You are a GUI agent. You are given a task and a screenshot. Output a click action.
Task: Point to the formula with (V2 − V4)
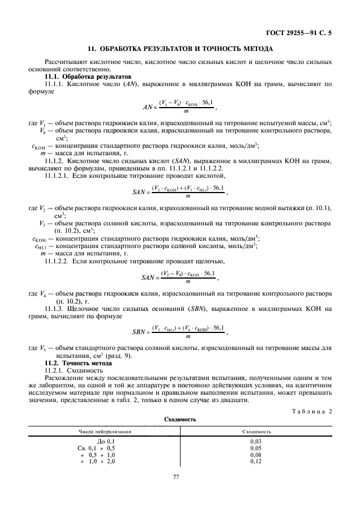(179, 277)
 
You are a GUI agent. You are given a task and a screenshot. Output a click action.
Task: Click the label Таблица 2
(314, 412)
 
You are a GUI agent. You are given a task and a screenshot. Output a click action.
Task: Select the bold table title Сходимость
(179, 421)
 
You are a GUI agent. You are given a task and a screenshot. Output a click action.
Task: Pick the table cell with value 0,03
(256, 441)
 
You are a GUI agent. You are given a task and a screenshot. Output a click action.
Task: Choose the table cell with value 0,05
(256, 447)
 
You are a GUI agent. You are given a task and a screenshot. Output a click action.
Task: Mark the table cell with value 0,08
(256, 455)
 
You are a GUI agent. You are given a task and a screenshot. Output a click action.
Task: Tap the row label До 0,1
(106, 441)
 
